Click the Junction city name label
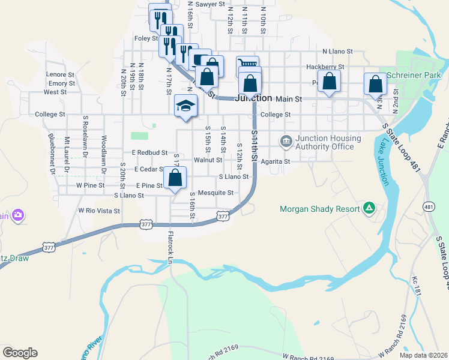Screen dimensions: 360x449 tap(255, 98)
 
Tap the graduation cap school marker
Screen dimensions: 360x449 tap(186, 107)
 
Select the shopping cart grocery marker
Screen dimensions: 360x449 tap(247, 64)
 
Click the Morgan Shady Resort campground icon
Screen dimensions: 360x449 tap(369, 209)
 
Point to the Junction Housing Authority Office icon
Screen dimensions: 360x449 tap(286, 142)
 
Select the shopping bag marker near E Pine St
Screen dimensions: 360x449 tap(175, 178)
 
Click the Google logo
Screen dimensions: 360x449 tap(20, 353)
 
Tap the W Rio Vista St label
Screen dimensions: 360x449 tap(100, 211)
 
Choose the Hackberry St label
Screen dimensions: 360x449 tap(325, 67)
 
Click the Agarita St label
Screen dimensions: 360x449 tap(276, 161)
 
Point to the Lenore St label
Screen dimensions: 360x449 tap(60, 74)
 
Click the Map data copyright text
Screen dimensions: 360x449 tap(423, 355)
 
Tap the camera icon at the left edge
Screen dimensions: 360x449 tap(18, 215)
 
